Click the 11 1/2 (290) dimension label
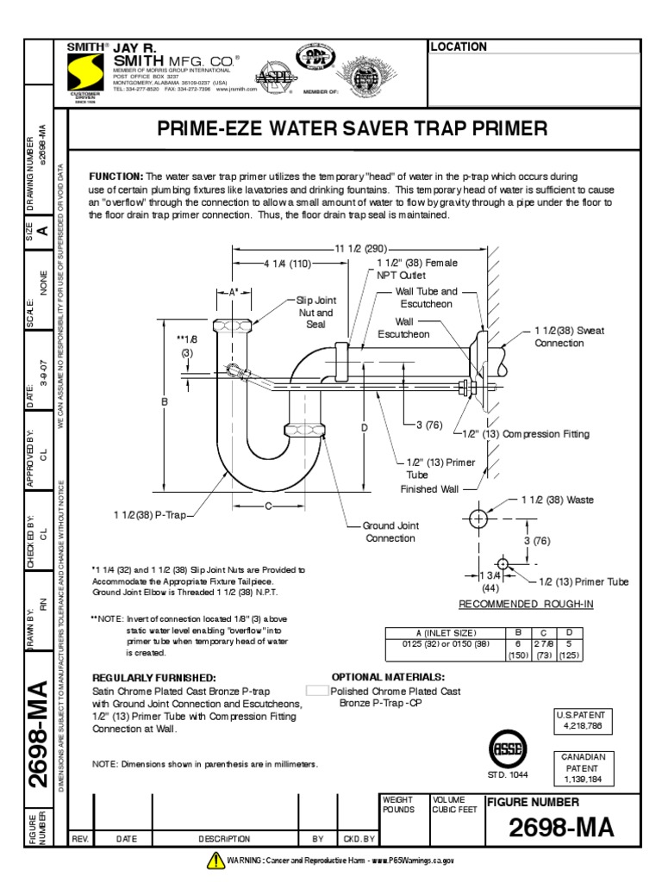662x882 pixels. pyautogui.click(x=355, y=248)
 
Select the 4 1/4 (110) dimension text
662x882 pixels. pyautogui.click(x=288, y=264)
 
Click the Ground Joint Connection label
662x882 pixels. pyautogui.click(x=390, y=531)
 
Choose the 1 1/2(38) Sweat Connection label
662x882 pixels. pyautogui.click(x=569, y=336)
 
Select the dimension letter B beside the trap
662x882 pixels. pyautogui.click(x=164, y=401)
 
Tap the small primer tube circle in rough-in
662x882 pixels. pyautogui.click(x=503, y=564)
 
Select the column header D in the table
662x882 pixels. pyautogui.click(x=568, y=631)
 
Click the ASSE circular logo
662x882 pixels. pyautogui.click(x=506, y=749)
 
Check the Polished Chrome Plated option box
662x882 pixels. pyautogui.click(x=317, y=691)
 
